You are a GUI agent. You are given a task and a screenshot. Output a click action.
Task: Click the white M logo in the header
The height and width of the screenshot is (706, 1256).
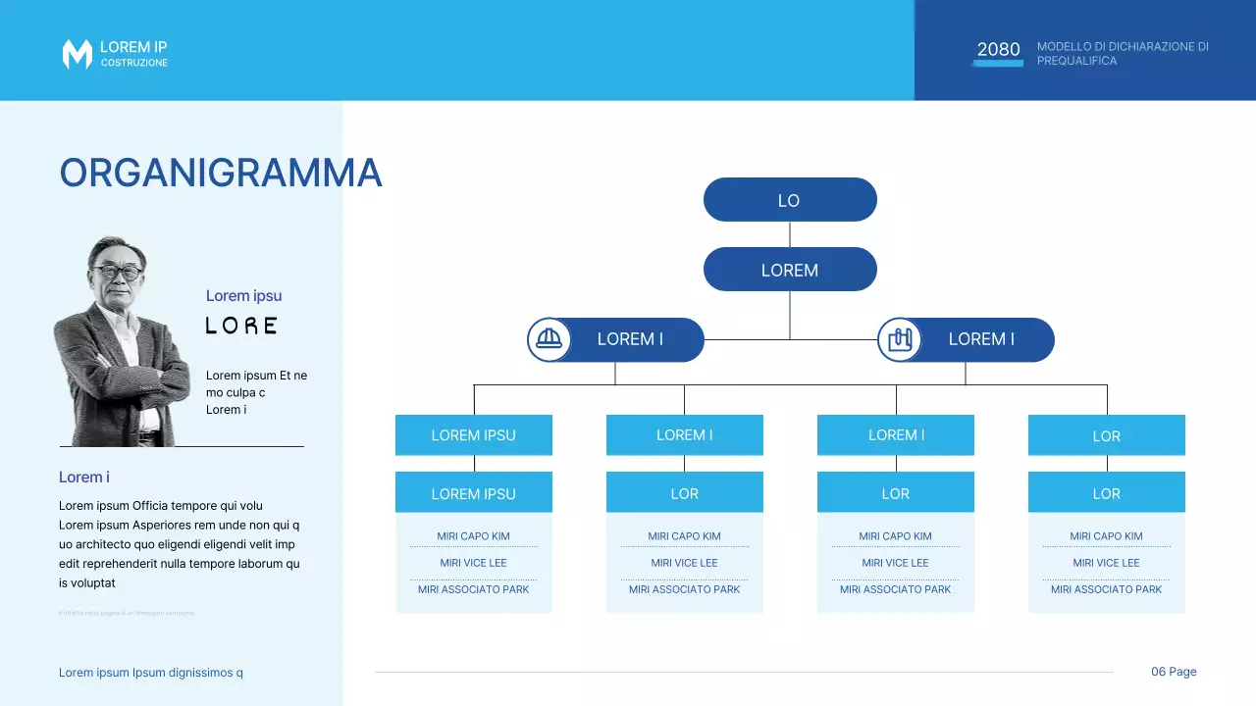pos(77,55)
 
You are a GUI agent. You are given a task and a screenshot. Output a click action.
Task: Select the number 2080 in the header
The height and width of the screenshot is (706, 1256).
pos(998,50)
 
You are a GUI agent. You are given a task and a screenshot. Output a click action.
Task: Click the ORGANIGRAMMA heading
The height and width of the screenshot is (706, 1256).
pos(220,174)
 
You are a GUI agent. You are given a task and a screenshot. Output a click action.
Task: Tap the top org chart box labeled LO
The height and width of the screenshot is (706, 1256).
pos(789,200)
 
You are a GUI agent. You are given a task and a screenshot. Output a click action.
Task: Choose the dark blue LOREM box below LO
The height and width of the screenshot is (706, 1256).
pos(789,270)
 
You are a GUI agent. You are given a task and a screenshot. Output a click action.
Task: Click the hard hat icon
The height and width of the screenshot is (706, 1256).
pos(549,339)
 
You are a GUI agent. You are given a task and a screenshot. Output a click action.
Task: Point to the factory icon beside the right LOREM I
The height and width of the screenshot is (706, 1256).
pos(899,339)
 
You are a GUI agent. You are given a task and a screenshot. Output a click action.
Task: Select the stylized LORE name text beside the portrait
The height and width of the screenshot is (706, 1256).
pos(241,326)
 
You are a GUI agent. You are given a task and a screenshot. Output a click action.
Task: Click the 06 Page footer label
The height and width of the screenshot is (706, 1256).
pos(1174,672)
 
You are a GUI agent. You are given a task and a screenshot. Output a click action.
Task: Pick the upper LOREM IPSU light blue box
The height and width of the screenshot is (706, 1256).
pos(473,435)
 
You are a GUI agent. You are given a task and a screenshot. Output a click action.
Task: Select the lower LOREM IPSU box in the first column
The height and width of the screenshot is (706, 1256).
pos(473,493)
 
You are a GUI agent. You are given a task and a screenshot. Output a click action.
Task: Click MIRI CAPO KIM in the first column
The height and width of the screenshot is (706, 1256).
pos(473,536)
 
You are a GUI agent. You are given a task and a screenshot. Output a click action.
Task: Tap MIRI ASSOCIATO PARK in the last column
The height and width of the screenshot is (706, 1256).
pos(1106,589)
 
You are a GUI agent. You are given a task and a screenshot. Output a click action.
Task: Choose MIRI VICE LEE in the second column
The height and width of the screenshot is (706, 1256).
pos(684,563)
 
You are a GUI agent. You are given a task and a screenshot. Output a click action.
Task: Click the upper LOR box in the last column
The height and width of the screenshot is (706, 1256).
pos(1106,436)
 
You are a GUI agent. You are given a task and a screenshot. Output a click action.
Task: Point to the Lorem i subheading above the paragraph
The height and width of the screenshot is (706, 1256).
pos(84,478)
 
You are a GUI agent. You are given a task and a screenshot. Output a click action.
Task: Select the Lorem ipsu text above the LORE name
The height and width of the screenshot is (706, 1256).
pos(243,296)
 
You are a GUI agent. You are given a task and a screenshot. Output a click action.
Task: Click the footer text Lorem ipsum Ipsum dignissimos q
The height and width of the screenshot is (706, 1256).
pos(151,673)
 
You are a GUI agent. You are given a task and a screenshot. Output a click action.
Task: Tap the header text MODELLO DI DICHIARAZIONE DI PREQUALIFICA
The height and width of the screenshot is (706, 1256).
pos(1123,54)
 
